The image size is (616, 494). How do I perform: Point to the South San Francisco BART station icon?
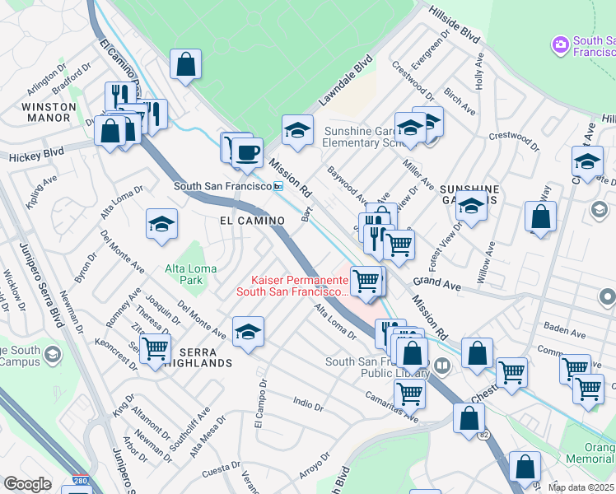(x=278, y=187)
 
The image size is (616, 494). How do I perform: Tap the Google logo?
(x=27, y=484)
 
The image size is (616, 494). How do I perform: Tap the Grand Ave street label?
(x=436, y=282)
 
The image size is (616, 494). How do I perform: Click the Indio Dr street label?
(x=308, y=403)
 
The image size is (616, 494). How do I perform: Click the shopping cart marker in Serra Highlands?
(x=155, y=348)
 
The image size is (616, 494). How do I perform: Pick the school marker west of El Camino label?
(x=162, y=223)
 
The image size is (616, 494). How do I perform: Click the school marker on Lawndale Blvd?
(x=297, y=130)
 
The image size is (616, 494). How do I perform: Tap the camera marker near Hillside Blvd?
(x=561, y=44)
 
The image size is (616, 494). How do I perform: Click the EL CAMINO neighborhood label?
(x=252, y=221)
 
